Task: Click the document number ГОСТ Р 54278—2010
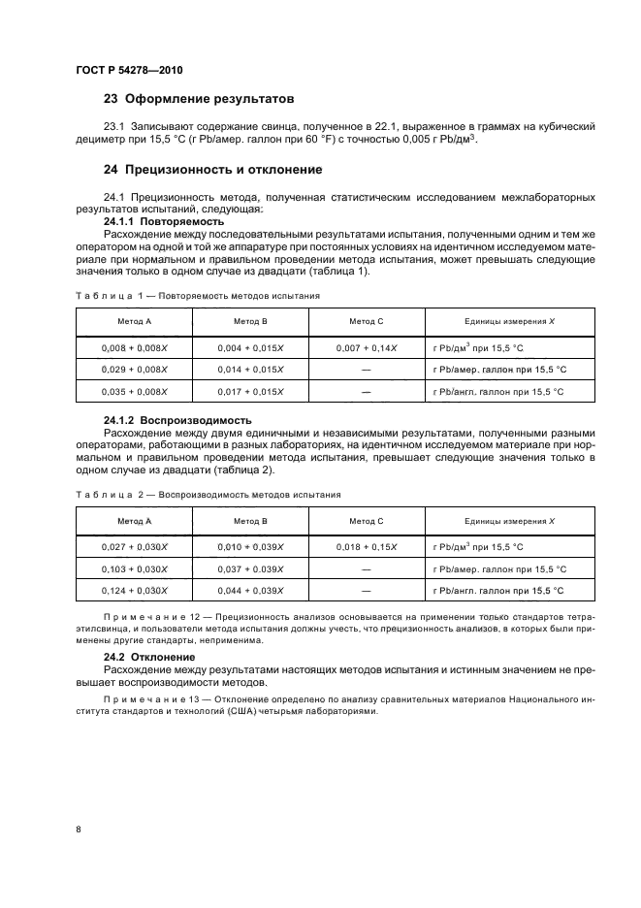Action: pos(128,71)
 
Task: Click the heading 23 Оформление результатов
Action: pos(199,99)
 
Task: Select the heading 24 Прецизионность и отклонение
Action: pos(213,169)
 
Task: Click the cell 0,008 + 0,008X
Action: pos(134,346)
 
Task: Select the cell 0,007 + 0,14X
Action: pos(367,346)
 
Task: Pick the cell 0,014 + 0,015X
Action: pos(250,370)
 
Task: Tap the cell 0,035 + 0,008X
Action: pos(134,392)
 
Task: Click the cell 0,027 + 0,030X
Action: pos(134,547)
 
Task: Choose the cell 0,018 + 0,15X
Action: pos(367,547)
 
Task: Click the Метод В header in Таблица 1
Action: pos(250,321)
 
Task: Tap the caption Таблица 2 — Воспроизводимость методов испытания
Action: pos(208,495)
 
